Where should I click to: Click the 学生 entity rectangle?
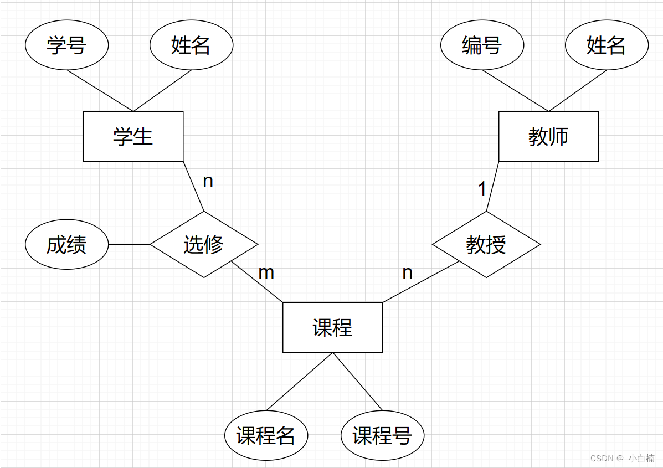coord(133,136)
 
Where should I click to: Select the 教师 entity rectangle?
coord(548,136)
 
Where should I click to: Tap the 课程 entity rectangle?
coord(332,327)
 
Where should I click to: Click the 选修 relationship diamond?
coord(204,244)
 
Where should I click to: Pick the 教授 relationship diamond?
coord(486,244)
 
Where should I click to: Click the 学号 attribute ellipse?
coord(66,45)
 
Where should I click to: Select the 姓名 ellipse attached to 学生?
coord(191,45)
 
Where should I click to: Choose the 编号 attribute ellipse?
coord(482,45)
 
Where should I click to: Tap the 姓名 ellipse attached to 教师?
coord(607,45)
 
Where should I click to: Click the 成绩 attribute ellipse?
coord(66,244)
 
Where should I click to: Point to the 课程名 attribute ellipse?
coord(266,436)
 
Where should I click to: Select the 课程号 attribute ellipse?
coord(382,436)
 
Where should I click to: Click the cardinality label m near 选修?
coord(266,272)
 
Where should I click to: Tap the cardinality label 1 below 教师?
coord(482,189)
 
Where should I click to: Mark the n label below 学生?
coord(208,181)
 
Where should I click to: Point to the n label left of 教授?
coord(407,272)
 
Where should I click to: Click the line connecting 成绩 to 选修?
coord(129,244)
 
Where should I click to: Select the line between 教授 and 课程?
coord(421,282)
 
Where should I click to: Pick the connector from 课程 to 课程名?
coord(300,382)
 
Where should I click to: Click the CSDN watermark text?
coord(623,458)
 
